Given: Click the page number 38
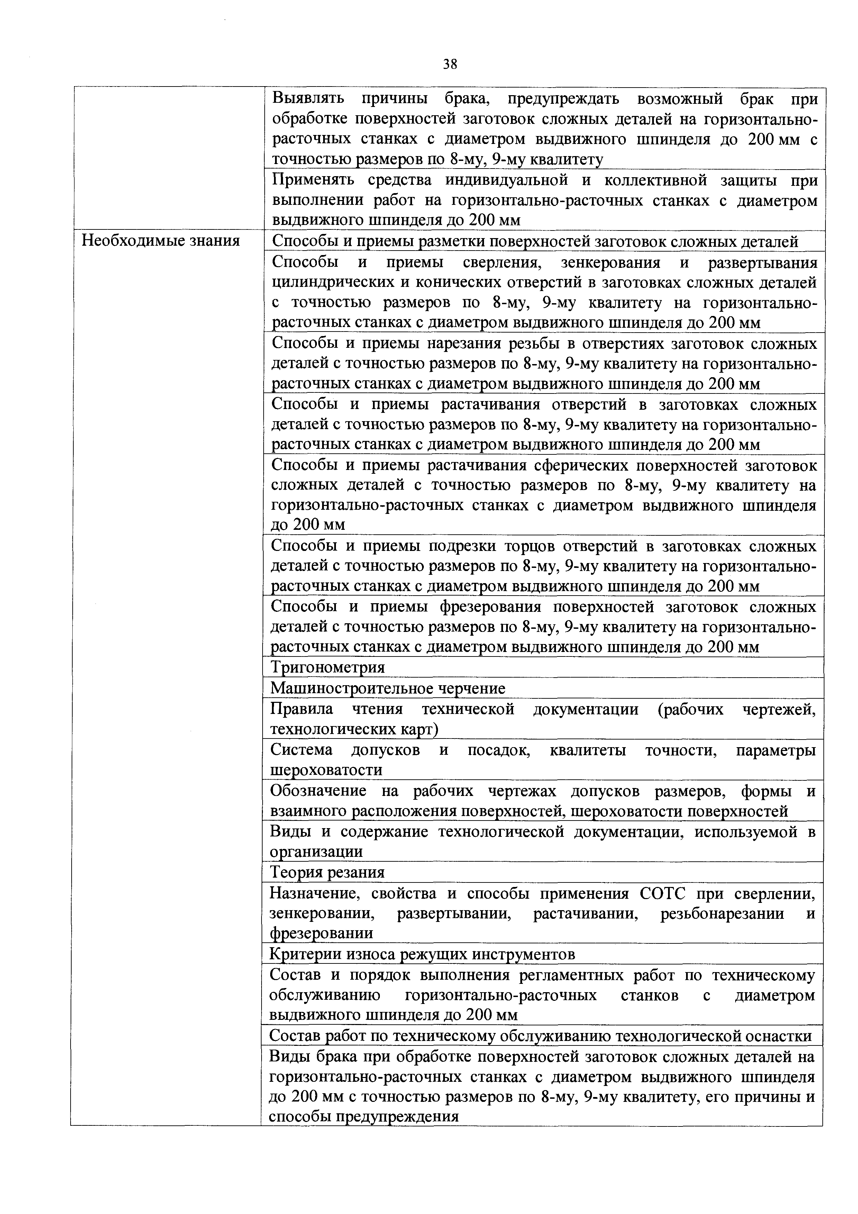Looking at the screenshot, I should point(450,64).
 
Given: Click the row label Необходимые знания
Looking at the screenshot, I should point(161,241).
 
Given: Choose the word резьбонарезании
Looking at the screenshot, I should point(722,914).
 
